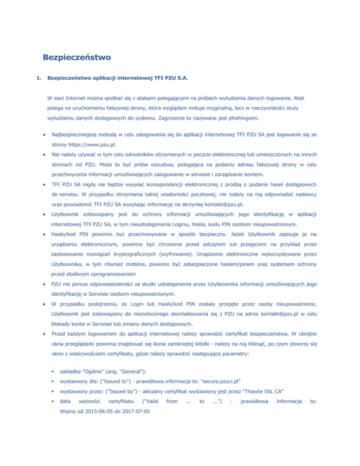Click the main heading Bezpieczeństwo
click(x=76, y=58)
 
